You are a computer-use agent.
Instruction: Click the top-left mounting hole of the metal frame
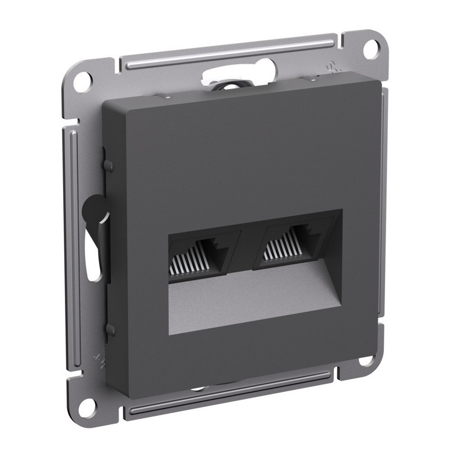(x=83, y=79)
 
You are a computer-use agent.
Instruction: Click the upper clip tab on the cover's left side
(x=108, y=165)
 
